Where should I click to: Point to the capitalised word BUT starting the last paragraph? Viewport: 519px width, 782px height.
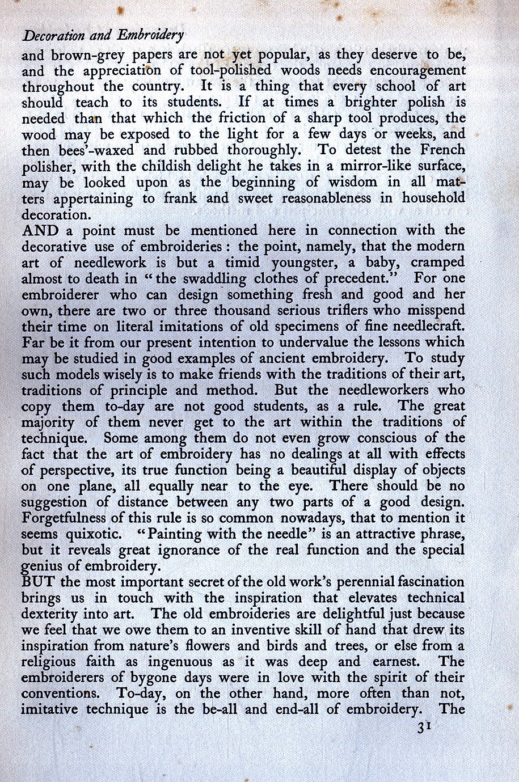point(39,582)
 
